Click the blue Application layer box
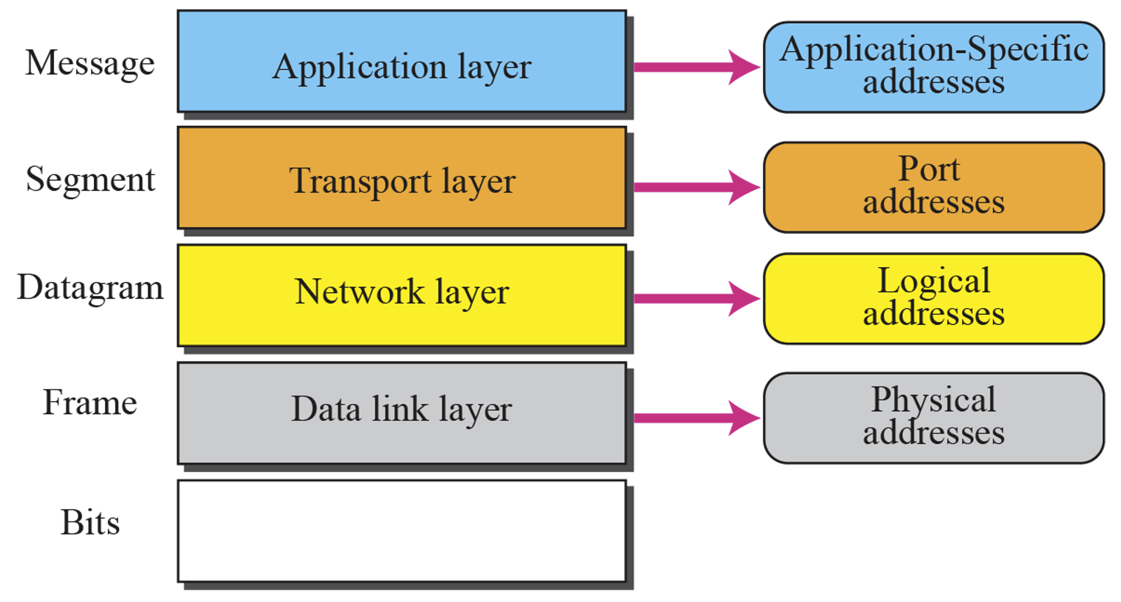402,62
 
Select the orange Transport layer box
402,178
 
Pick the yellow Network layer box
402,296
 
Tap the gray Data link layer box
402,413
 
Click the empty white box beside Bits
402,531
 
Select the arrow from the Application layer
697,67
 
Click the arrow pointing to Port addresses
697,187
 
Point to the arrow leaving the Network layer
697,299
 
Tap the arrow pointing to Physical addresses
697,418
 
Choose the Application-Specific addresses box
934,68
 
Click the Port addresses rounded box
934,188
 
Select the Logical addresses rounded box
934,299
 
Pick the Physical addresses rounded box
934,418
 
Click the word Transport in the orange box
360,182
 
